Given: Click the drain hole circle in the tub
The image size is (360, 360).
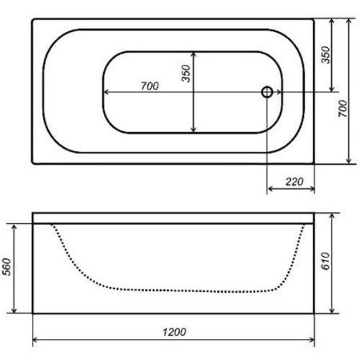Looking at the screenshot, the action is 267,92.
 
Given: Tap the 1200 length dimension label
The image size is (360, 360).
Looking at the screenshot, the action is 174,332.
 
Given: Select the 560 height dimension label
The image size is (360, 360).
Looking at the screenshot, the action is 6,266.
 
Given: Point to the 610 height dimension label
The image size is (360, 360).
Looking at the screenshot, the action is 326,261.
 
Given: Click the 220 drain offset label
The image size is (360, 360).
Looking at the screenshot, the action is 294,182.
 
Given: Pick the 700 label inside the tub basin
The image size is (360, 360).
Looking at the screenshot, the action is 150,86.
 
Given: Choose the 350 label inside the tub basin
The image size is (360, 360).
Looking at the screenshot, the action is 186,74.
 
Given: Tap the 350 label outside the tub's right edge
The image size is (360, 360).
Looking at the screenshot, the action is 326,55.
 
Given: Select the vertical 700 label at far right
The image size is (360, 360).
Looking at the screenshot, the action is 343,109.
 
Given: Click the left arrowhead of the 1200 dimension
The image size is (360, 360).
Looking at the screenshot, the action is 34,340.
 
